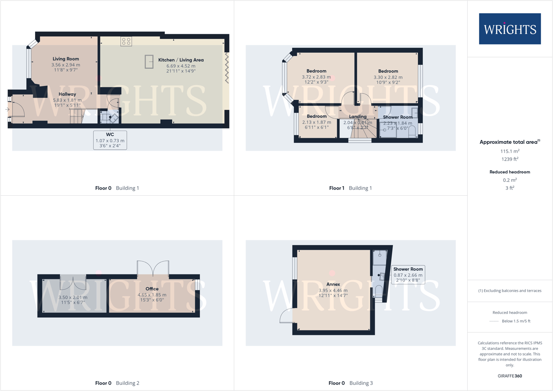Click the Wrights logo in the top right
510,29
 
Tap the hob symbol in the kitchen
126,41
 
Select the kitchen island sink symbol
149,62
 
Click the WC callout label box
110,140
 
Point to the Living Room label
66,59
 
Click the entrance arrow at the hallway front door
7,109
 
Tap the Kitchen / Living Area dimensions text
181,68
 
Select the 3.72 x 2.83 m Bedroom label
316,77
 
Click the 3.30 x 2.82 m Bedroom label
388,77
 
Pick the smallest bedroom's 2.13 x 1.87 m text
316,122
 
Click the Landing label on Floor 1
358,117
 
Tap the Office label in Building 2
152,289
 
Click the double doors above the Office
153,269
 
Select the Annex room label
333,284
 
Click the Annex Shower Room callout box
408,275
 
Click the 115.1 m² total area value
510,151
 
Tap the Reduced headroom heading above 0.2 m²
510,172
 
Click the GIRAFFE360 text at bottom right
510,376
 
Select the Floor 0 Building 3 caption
350,383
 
